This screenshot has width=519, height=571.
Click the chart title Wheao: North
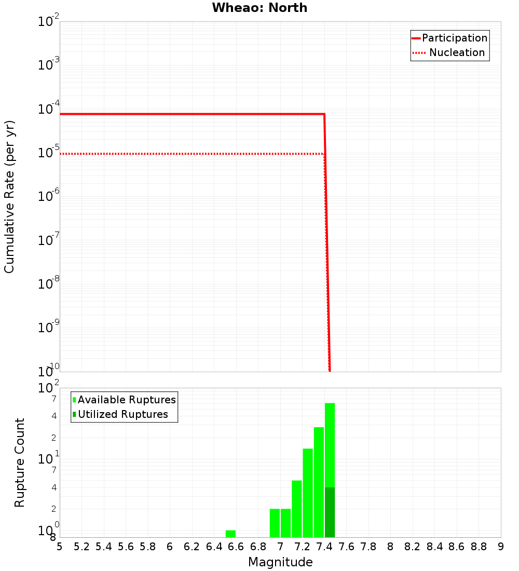tap(259, 8)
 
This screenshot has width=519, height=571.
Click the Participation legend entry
tap(454, 38)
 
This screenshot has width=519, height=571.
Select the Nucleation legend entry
tap(456, 52)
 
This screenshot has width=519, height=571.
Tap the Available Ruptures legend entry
tap(127, 400)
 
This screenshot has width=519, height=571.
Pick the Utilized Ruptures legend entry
tap(122, 414)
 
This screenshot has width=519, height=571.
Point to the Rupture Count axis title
tap(20, 463)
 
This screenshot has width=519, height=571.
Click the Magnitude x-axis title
tap(280, 562)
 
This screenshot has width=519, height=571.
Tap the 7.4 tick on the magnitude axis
tap(324, 547)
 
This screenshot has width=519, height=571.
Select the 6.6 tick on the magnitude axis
tap(236, 547)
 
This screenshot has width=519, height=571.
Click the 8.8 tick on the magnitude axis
tap(479, 547)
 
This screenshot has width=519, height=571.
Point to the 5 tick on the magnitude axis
tap(60, 547)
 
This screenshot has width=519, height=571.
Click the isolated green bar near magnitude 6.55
tap(230, 534)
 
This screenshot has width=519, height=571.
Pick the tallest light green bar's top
tap(330, 404)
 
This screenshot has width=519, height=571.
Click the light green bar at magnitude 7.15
tap(297, 509)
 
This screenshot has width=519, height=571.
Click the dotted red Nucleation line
tap(192, 154)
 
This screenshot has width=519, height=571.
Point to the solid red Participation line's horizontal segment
tap(192, 114)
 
